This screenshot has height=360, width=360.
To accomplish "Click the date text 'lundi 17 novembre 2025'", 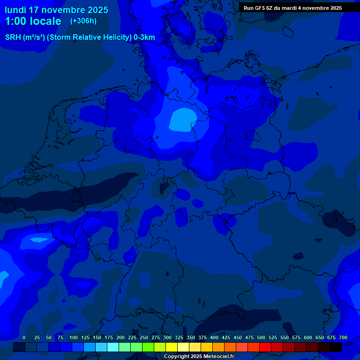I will pos(56,10).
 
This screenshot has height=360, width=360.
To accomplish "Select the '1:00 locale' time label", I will pos(33,21).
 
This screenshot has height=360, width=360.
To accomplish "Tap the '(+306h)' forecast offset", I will pos(83,21).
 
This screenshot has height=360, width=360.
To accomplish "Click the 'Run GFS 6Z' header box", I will pos(292,8).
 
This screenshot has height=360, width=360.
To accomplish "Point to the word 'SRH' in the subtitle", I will pos(13,37).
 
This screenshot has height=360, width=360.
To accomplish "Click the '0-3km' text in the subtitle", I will pos(144,37).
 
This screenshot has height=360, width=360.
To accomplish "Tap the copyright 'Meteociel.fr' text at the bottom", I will pos(216,357).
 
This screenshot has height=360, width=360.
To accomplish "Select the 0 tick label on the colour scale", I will pos(24,337).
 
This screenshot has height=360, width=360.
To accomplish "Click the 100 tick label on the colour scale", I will pos(74,337).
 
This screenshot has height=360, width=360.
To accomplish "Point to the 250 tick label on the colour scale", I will pos(144,337).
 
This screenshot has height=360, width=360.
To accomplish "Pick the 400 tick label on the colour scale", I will pos(214,337).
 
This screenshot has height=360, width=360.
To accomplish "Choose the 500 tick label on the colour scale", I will pos(261,337).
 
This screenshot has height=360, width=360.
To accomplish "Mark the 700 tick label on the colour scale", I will pos(343,337).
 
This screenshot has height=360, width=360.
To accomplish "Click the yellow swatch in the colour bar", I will pos(172,347).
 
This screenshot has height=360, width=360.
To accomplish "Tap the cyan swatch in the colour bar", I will pos(113,347).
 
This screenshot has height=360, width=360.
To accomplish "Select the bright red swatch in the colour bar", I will pos(265,347).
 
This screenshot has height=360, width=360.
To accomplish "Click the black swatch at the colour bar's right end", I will pos(336,347).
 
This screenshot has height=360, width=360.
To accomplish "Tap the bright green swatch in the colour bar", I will pos(136,347).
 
